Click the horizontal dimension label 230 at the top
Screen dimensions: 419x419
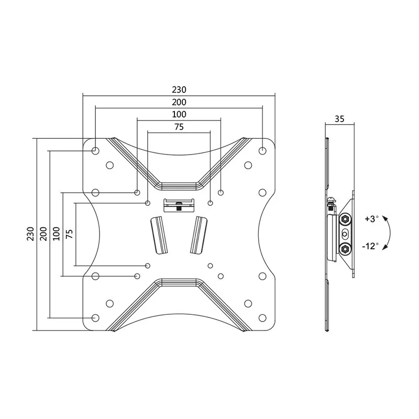coord(179,90)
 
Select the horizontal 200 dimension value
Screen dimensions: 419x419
coord(179,102)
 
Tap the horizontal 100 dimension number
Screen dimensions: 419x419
coord(179,114)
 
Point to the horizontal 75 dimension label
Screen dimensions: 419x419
coord(179,127)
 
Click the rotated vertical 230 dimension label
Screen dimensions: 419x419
coord(30,234)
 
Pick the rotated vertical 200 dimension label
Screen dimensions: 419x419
coord(43,234)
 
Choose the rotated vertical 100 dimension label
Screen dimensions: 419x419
coord(56,234)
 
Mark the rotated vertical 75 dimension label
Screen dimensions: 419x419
coord(69,234)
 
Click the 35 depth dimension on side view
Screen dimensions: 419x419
coord(339,119)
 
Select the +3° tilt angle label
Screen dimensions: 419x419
coord(372,219)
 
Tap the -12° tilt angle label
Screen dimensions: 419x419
coord(371,246)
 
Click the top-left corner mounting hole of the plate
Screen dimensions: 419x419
coord(95,151)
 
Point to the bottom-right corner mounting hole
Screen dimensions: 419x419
coord(263,318)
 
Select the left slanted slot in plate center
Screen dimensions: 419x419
coord(159,235)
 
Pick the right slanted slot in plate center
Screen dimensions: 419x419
coord(199,235)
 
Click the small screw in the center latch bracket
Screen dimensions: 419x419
coord(179,205)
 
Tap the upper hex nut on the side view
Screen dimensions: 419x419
coord(345,219)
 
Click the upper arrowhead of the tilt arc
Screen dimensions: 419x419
coord(384,218)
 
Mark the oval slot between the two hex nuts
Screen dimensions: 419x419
coord(345,234)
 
